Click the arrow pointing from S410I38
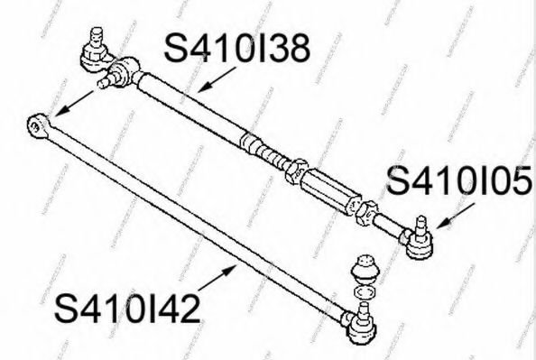pyautogui.click(x=210, y=82)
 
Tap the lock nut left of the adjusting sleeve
pyautogui.click(x=294, y=166)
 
